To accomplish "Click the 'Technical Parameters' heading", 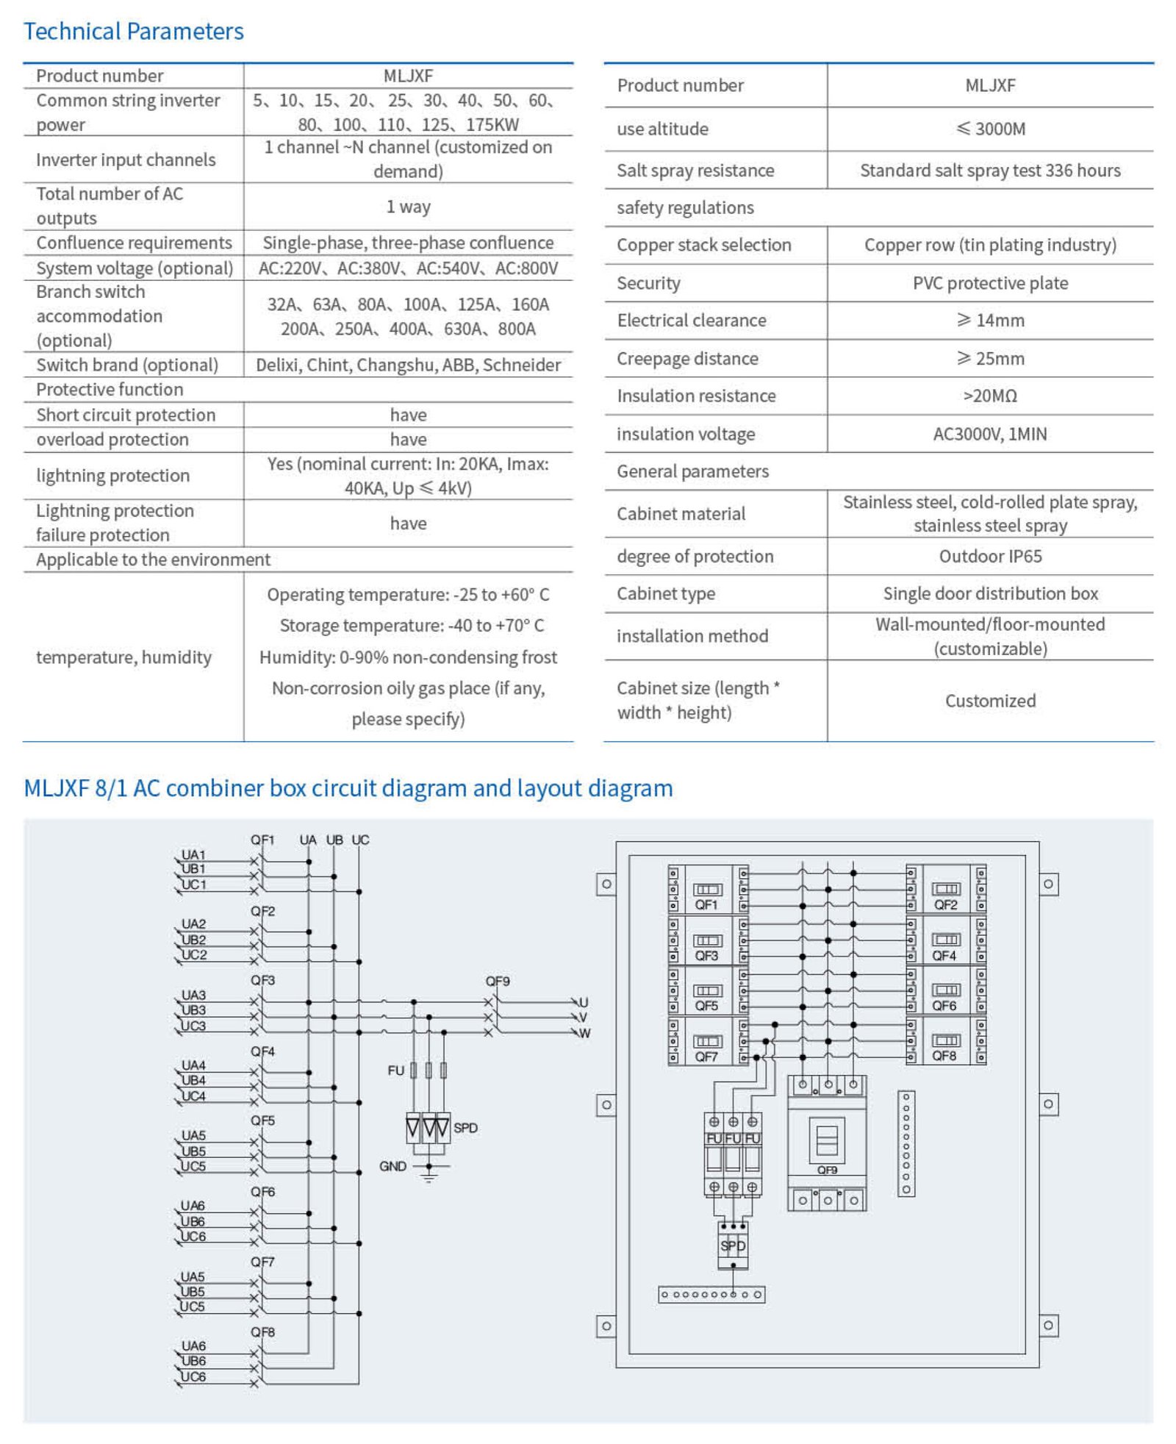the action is pos(133,32).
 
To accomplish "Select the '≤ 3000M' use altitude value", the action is pos(990,129).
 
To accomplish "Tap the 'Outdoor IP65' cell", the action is pos(990,556).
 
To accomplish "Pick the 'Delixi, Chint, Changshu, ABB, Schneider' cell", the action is pos(408,365).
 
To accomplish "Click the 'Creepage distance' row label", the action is pos(687,358).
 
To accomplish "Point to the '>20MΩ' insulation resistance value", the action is pos(990,396).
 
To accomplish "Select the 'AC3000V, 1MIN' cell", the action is pos(990,434).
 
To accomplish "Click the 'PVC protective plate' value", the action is pos(990,283).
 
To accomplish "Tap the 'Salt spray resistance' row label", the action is pos(695,171).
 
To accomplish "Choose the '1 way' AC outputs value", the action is pos(409,207).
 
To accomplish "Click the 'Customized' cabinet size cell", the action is pos(990,701).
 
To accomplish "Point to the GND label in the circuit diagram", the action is pos(392,1166).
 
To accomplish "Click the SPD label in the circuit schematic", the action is pos(465,1128).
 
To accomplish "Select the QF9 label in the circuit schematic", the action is pos(498,981).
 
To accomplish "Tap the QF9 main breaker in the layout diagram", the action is pos(827,1143).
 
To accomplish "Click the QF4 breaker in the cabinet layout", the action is pos(945,940).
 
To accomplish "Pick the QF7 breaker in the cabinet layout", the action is pos(708,1041).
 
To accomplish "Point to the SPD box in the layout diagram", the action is pos(733,1245).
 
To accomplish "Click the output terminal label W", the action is pos(585,1033).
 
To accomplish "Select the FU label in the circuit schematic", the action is pos(395,1071).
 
